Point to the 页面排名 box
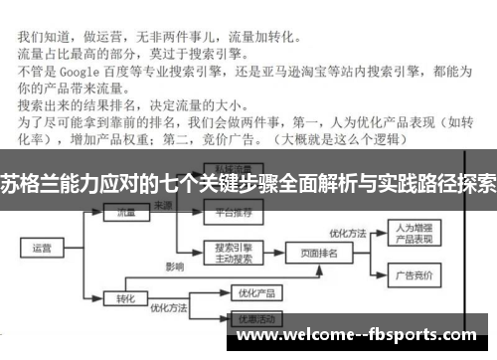319,254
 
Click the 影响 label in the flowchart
175,269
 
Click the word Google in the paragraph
78,72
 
